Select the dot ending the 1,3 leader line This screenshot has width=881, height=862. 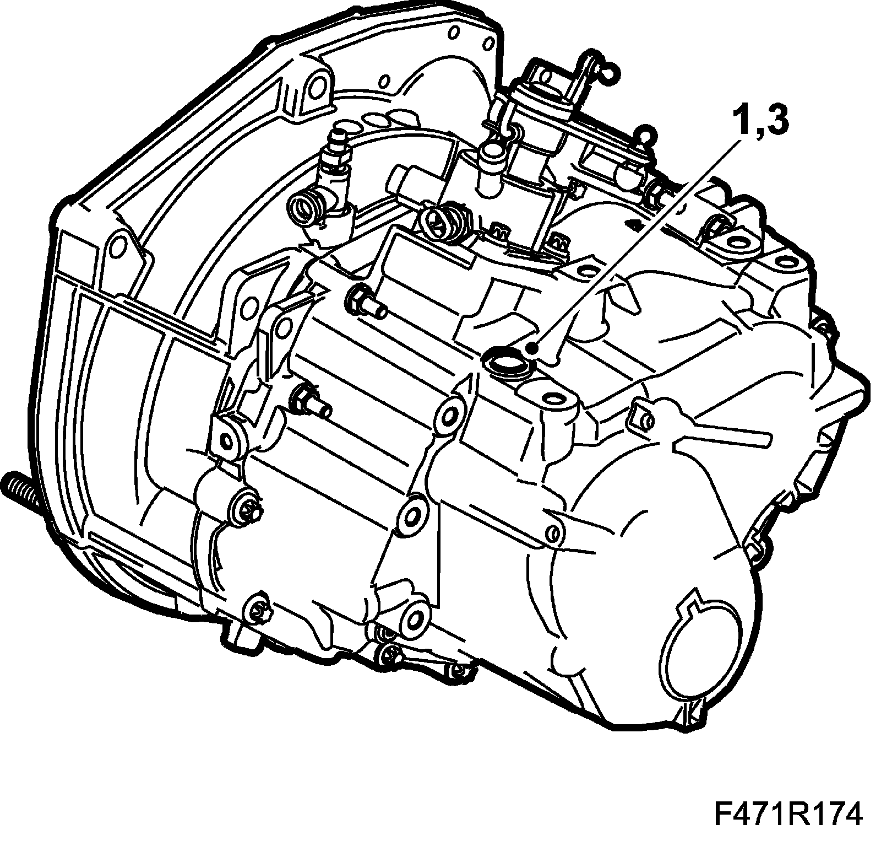click(x=531, y=348)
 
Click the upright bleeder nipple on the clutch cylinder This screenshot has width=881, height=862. click(x=337, y=145)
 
